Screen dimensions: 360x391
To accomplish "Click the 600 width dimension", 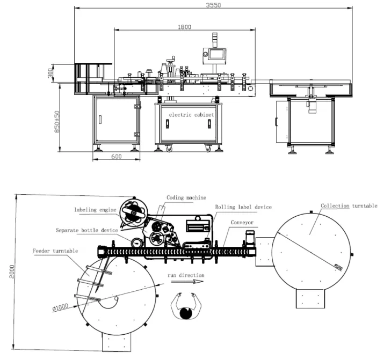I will [x=117, y=156].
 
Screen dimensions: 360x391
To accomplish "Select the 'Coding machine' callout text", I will [x=186, y=197].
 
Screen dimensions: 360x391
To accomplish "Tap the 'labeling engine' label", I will [x=96, y=210].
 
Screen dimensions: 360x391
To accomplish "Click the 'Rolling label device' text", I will [x=243, y=207].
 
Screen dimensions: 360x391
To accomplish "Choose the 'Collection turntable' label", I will [x=349, y=205].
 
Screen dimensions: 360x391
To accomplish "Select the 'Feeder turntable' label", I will [x=55, y=251].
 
